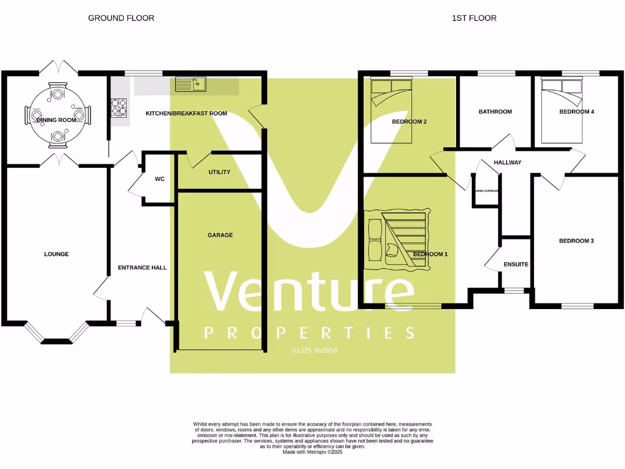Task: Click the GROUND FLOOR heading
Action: pos(121,18)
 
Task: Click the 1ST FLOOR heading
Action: pos(474,18)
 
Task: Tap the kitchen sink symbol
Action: pos(190,84)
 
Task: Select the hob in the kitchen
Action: pos(118,108)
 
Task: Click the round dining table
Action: pos(57,115)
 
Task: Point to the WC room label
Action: pos(160,180)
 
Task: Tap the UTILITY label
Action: pos(219,172)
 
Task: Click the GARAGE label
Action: pos(220,235)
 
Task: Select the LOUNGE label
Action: pos(56,254)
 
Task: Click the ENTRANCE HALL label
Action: pos(142,267)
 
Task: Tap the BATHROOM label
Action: pos(495,112)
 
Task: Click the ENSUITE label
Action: pos(516,264)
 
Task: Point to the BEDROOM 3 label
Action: pos(576,241)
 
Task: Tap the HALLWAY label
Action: pos(508,162)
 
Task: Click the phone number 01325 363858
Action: pos(311,351)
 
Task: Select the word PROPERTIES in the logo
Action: pos(309,333)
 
